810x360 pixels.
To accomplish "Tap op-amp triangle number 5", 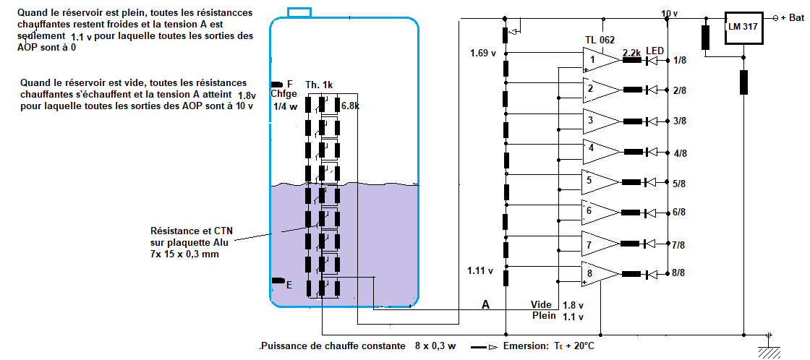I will click(x=599, y=182).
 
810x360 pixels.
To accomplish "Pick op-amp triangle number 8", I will click(x=599, y=274).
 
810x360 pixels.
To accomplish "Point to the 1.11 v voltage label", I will click(x=481, y=270).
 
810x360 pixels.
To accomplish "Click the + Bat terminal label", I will click(x=792, y=18).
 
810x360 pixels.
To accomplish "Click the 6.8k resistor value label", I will click(x=352, y=106).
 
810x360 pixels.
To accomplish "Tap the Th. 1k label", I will click(x=319, y=85).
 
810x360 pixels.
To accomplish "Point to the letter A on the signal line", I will click(x=486, y=306).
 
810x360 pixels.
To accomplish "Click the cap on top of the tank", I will click(x=299, y=12).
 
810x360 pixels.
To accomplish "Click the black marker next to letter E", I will click(x=277, y=280).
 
